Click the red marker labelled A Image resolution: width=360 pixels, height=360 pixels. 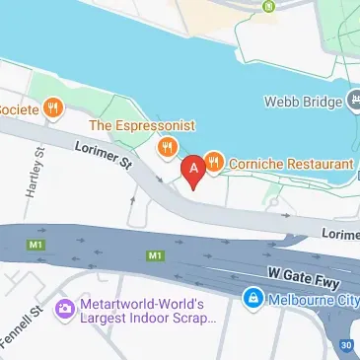click(x=194, y=169)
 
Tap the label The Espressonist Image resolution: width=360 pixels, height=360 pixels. click(x=143, y=125)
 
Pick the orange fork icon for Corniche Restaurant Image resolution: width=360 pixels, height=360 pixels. click(x=214, y=162)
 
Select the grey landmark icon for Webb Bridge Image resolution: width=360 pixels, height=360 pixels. click(x=351, y=101)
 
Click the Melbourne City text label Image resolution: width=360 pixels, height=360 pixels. click(x=311, y=298)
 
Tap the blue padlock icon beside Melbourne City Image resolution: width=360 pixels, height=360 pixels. click(x=253, y=298)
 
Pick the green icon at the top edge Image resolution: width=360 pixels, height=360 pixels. click(x=268, y=5)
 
